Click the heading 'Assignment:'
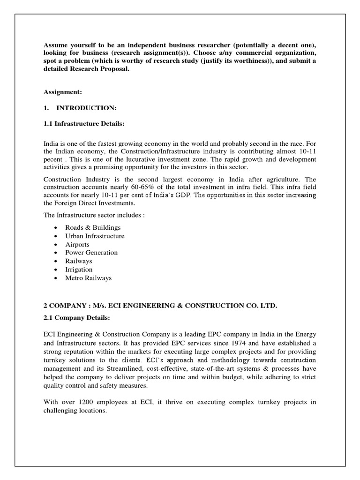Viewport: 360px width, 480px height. click(62, 93)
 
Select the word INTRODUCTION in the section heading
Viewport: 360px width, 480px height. click(86, 108)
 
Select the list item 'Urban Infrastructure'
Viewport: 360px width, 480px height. click(95, 236)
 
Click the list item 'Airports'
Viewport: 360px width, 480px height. click(77, 244)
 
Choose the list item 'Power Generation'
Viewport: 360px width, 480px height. click(91, 253)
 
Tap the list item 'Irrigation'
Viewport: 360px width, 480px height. click(79, 270)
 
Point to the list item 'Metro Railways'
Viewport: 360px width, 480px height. click(89, 278)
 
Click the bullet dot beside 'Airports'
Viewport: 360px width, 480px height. click(56, 245)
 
